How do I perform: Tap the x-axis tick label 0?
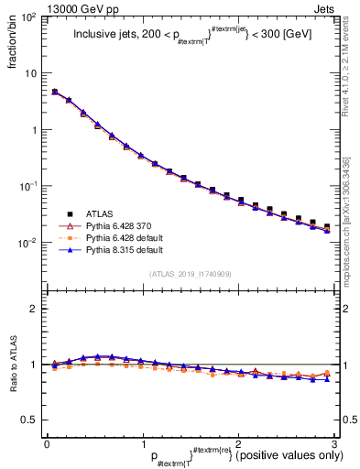47,442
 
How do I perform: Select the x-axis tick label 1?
142,442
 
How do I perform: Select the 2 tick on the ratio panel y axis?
34,309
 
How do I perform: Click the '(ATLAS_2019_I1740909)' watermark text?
191,274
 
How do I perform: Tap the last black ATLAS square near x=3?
327,226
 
